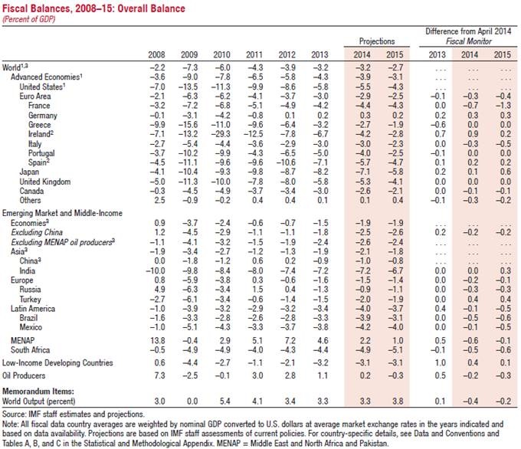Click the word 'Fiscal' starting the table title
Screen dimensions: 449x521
[17, 8]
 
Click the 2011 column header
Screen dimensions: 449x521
[254, 54]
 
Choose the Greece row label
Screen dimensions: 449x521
[41, 122]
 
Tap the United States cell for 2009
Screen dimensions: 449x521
[188, 87]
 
